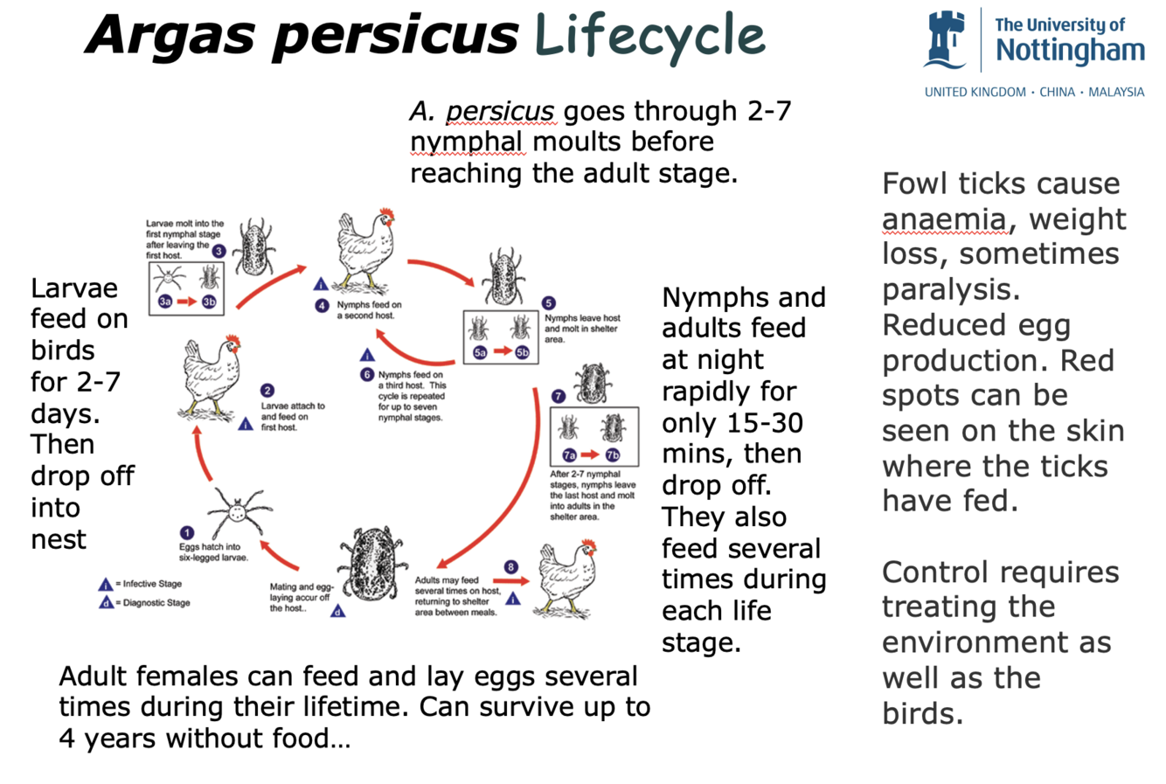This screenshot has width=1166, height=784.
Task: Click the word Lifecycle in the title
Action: [649, 37]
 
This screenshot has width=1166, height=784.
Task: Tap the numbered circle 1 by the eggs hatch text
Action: [187, 533]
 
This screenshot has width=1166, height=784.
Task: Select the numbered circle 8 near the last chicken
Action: [511, 567]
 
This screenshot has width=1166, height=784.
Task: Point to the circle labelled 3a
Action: [165, 302]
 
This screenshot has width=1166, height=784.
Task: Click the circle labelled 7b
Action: [613, 454]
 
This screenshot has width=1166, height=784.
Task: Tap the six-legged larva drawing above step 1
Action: [236, 510]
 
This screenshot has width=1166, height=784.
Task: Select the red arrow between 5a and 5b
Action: [501, 351]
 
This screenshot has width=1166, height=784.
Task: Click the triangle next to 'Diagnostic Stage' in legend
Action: [106, 603]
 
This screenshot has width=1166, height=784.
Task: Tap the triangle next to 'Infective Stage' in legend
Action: [106, 584]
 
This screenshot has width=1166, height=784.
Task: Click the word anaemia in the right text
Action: [943, 219]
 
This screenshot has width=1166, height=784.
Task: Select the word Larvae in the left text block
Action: [73, 288]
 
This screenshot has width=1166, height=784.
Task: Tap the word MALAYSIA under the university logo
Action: [1116, 92]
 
